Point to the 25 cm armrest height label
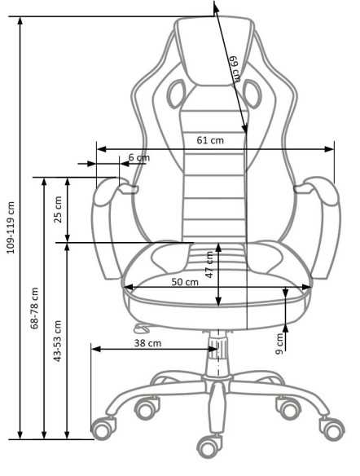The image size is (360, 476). click(x=58, y=209)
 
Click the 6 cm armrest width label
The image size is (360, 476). click(x=139, y=157)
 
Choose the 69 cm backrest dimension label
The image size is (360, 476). click(x=235, y=68)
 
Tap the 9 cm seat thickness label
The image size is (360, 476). click(x=279, y=343)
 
